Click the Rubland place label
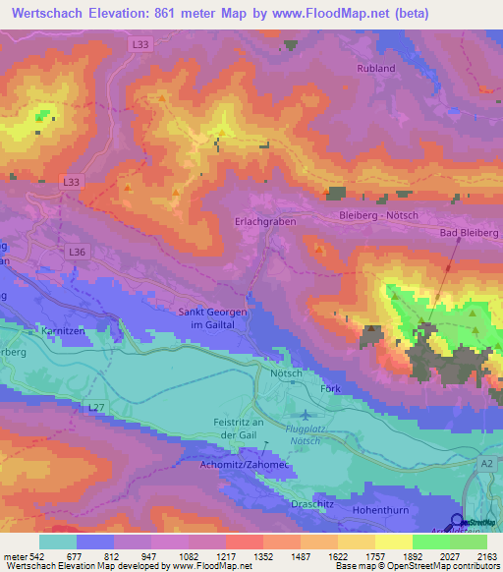pyautogui.click(x=376, y=69)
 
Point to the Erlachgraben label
pyautogui.click(x=265, y=223)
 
